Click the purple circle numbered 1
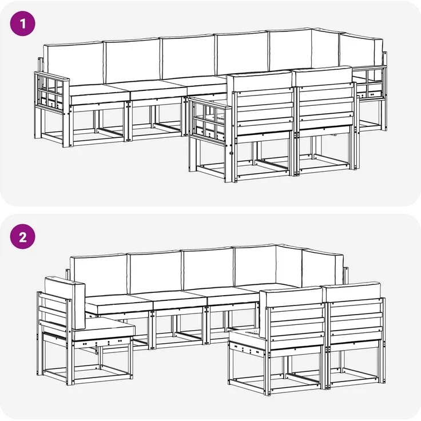tap(22, 23)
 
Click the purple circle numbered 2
tap(22, 237)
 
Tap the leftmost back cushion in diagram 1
tap(73, 64)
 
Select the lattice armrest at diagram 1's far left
tap(51, 92)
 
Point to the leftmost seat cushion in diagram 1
tap(99, 94)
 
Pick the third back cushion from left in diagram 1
tap(188, 57)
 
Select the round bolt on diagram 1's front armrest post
tap(231, 153)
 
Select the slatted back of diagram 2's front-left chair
tap(296, 327)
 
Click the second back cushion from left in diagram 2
tap(154, 272)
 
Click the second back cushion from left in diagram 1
tap(132, 61)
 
